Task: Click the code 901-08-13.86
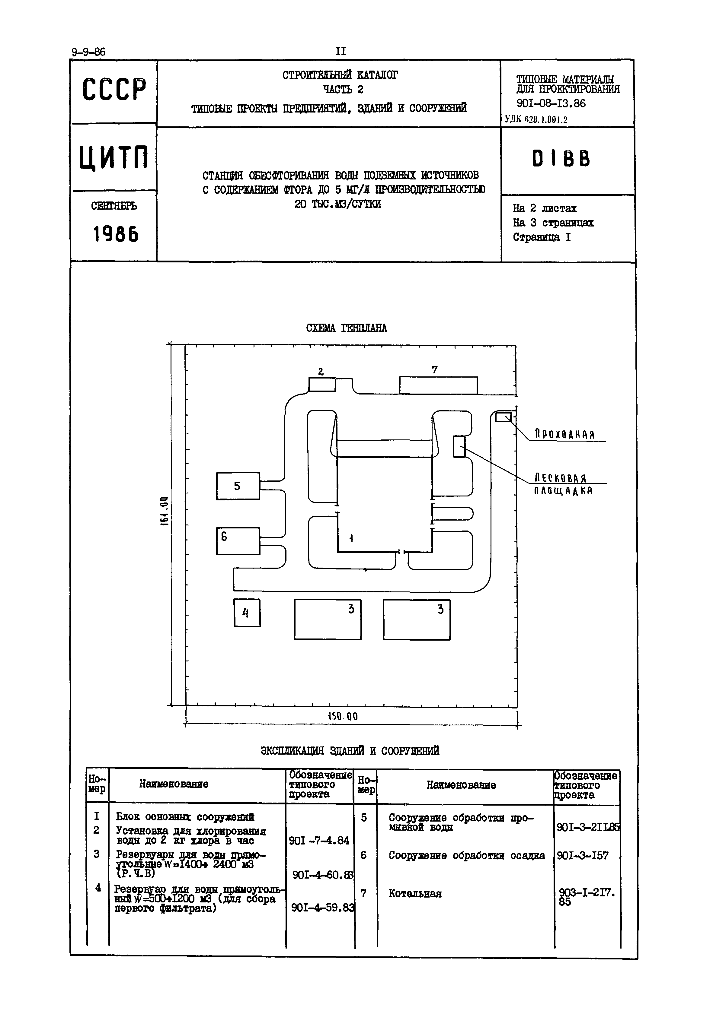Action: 551,103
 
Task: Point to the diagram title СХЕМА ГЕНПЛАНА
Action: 346,328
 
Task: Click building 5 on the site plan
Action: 238,486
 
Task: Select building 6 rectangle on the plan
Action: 238,541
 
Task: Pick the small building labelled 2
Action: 322,384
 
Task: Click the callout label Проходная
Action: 565,434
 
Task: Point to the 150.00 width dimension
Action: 343,717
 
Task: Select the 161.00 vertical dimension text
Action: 165,511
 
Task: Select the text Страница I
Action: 542,237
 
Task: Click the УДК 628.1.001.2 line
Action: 536,119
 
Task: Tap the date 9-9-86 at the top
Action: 88,52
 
